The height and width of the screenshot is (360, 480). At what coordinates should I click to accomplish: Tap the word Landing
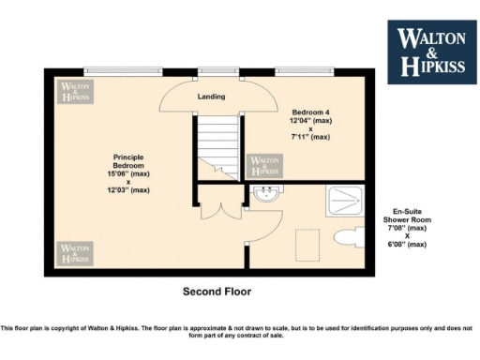tap(209, 97)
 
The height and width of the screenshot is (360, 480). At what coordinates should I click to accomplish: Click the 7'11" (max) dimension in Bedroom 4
tap(309, 137)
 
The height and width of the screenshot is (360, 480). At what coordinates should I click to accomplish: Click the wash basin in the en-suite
tap(265, 195)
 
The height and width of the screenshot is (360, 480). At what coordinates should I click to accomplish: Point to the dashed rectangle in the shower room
tap(307, 245)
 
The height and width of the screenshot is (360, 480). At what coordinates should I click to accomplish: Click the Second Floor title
tap(217, 292)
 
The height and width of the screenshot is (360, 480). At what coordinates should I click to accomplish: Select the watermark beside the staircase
tap(263, 166)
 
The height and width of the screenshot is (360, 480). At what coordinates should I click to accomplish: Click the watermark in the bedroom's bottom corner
tap(74, 253)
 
